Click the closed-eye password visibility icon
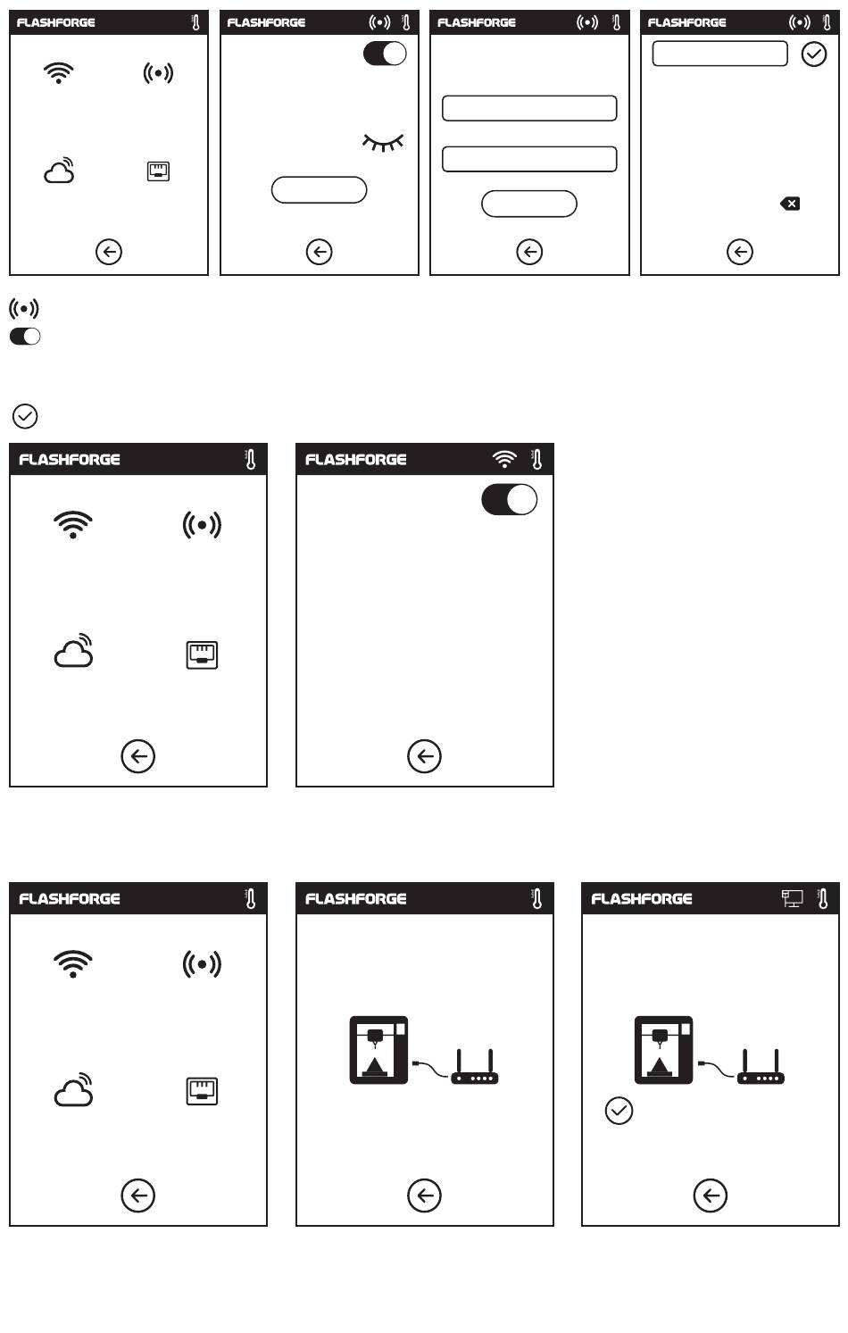[x=383, y=142]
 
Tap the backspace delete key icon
[x=790, y=204]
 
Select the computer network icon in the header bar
[x=792, y=898]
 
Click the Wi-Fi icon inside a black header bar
[x=504, y=459]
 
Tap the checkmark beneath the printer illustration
[x=619, y=1111]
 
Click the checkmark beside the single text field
[x=814, y=54]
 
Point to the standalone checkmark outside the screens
[x=25, y=416]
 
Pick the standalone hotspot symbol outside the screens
[x=24, y=309]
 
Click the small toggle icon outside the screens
[x=25, y=337]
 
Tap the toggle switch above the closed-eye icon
[x=385, y=54]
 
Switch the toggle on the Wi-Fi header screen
[x=509, y=500]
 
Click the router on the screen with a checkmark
[x=761, y=1069]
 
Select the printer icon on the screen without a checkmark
[x=378, y=1050]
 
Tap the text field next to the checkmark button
[x=719, y=54]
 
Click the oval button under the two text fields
[x=529, y=204]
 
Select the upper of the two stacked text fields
[x=529, y=108]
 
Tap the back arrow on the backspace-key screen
[x=739, y=252]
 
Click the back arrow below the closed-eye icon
[x=319, y=252]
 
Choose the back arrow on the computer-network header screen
[x=710, y=1196]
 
